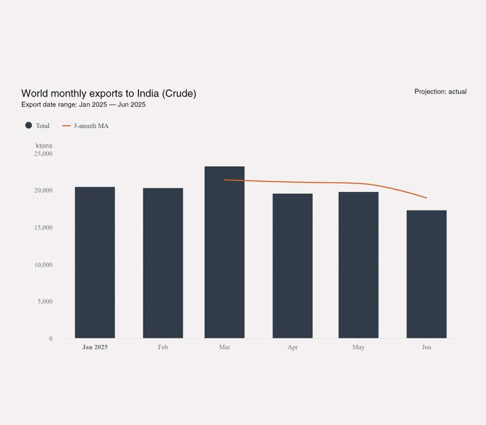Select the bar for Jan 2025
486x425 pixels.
[95, 262]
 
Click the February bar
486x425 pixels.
[163, 263]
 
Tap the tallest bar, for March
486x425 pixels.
[224, 252]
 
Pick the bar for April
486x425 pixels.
[292, 266]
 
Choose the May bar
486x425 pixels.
[358, 265]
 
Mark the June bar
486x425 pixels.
[426, 274]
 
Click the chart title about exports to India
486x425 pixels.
[109, 93]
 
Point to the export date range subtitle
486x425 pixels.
[83, 104]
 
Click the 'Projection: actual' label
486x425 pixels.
[440, 92]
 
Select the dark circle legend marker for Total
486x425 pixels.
[29, 126]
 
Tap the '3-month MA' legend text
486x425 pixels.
[91, 126]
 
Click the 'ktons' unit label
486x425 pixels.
[44, 146]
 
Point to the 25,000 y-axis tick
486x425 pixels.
[43, 154]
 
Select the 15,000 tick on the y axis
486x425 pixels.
[43, 228]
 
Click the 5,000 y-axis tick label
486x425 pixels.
[45, 302]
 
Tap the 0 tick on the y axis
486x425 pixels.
[50, 339]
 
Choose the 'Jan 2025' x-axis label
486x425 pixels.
[95, 347]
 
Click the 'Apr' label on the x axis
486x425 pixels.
[292, 347]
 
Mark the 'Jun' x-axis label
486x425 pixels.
[426, 347]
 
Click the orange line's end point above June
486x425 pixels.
[426, 198]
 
